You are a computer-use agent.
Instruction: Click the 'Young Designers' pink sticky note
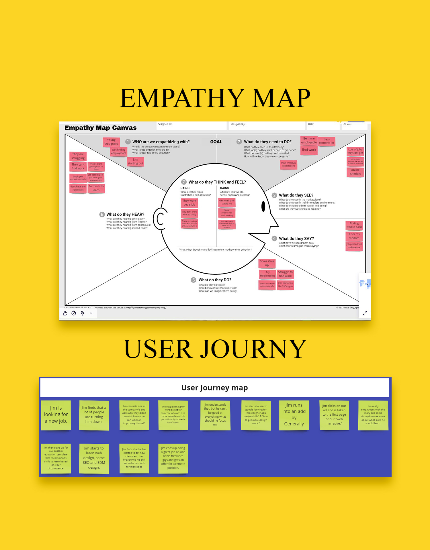(111, 142)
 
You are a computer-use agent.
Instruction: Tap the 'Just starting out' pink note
(135, 162)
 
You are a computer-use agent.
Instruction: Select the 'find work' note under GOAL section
(309, 150)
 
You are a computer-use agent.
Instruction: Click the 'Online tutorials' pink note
(355, 172)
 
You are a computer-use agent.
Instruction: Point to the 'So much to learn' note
(96, 188)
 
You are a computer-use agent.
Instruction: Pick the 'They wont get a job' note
(189, 203)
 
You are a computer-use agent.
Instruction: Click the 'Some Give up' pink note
(267, 263)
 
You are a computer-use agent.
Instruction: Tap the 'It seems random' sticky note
(354, 236)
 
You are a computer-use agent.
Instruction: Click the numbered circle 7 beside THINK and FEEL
(184, 182)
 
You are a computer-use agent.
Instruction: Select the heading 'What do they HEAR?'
(125, 214)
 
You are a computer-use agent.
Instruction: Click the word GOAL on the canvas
(216, 142)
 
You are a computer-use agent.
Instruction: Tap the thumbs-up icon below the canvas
(65, 313)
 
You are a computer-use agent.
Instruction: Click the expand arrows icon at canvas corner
(365, 313)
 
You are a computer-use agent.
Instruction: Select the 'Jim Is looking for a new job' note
(56, 415)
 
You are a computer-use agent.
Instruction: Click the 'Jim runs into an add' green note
(294, 415)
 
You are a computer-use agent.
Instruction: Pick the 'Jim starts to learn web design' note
(94, 458)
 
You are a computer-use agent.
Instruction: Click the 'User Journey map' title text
(214, 388)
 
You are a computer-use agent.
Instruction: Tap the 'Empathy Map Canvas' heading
(100, 128)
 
